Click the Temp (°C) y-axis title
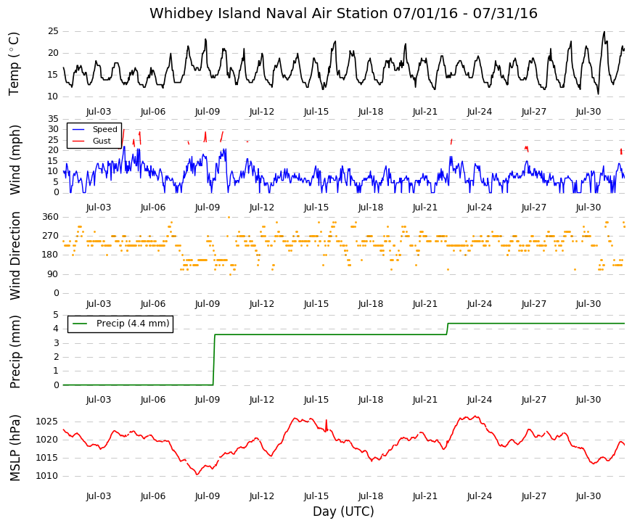tap(14, 64)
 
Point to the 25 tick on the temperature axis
tap(53, 31)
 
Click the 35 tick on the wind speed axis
tap(53, 119)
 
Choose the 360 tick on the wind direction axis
tap(51, 217)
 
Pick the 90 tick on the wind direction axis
tap(53, 274)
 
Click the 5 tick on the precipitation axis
tap(56, 315)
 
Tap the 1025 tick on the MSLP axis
tap(47, 422)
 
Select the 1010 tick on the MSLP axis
tap(47, 476)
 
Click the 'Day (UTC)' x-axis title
tap(343, 511)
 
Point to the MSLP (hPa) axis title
tap(15, 448)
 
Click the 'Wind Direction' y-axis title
tap(15, 255)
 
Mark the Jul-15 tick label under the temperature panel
tap(316, 112)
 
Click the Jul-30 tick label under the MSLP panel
tap(588, 496)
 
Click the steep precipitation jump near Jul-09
tap(214, 360)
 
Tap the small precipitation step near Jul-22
tap(447, 329)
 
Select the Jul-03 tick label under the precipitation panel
tap(99, 400)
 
